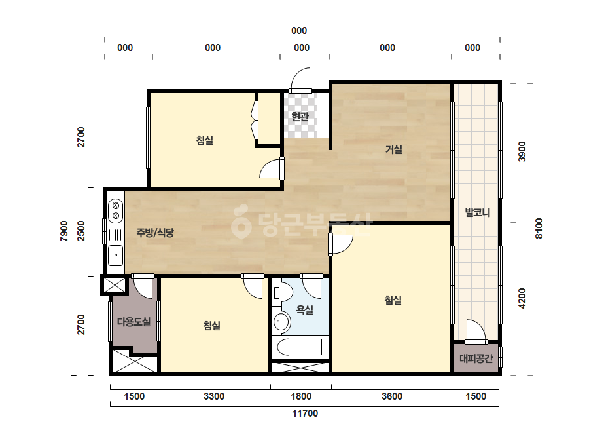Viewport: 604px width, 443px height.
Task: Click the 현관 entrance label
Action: (x=300, y=116)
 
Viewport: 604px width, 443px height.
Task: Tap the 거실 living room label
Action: (x=394, y=149)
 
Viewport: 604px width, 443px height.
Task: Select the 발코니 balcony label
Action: (x=477, y=212)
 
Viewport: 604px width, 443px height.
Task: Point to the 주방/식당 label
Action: (x=155, y=232)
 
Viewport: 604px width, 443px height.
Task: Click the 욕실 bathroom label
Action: (x=304, y=309)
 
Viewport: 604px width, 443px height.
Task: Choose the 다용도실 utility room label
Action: (x=133, y=322)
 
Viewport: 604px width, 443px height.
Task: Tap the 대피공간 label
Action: (x=476, y=359)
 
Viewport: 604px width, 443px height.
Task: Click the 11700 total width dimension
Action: (x=305, y=414)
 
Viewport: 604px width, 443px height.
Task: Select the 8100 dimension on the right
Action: (x=539, y=229)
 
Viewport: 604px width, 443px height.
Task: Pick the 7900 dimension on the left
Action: (x=64, y=231)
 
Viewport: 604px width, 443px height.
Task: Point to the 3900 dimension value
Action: (x=522, y=151)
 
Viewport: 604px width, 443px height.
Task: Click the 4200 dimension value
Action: (x=522, y=298)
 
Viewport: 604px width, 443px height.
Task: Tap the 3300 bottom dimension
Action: (x=214, y=396)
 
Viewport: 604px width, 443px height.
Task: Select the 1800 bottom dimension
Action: (x=301, y=396)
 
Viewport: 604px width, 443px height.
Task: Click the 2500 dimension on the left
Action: (x=81, y=231)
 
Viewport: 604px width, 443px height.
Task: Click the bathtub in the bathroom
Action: (x=300, y=347)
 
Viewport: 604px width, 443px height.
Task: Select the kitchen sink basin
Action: (x=116, y=255)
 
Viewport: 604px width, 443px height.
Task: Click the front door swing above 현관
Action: (x=300, y=80)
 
